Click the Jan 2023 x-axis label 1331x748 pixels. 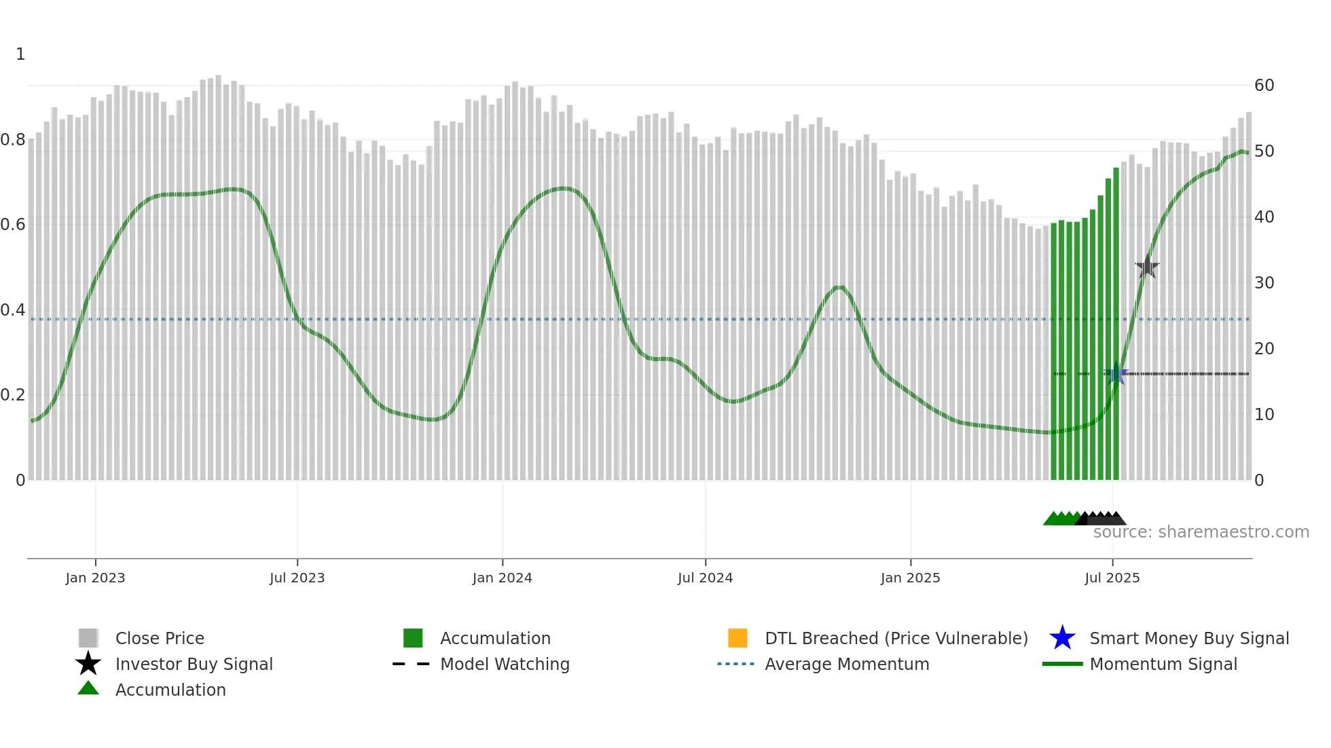95,578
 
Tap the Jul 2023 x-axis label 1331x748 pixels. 297,578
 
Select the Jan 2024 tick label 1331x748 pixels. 502,578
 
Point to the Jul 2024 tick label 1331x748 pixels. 705,578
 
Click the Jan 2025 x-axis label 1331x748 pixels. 910,578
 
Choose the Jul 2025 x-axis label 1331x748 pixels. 1112,578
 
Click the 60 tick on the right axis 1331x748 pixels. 1264,86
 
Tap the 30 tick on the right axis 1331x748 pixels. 1264,283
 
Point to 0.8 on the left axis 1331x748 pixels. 13,140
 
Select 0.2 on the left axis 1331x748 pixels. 13,395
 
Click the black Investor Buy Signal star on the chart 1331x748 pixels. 1147,267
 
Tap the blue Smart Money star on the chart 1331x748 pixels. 1116,373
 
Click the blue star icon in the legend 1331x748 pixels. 1062,638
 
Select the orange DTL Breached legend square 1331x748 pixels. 737,638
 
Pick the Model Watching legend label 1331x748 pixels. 505,664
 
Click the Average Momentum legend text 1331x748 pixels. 847,664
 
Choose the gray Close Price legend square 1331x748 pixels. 88,638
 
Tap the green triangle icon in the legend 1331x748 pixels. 88,688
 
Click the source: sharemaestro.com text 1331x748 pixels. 1201,532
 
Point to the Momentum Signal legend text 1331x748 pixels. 1163,664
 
